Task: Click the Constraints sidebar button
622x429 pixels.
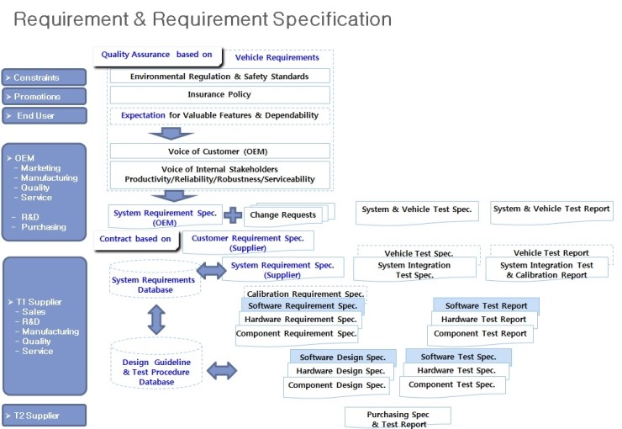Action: coord(44,77)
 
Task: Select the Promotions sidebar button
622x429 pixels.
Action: coord(44,97)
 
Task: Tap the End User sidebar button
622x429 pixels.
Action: coord(44,115)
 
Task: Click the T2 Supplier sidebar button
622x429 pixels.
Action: coord(44,416)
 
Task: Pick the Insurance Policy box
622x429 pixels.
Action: coord(219,95)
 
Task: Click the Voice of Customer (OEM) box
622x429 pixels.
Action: coord(219,151)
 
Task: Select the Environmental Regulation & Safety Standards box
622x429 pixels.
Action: coord(219,77)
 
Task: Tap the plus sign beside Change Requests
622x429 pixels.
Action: coord(233,214)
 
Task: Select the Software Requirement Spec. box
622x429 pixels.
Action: coord(303,305)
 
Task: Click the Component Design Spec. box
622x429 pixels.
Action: coord(336,385)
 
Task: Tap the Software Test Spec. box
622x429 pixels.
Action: coord(458,357)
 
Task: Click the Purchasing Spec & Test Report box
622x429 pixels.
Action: coord(398,418)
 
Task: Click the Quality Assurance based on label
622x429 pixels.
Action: coord(156,56)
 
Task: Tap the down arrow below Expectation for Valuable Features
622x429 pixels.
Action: coord(171,134)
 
